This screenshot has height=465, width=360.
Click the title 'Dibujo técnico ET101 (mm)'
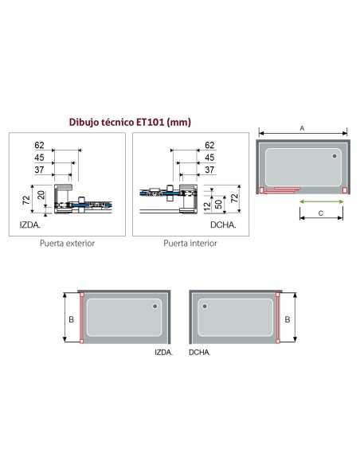click(130, 122)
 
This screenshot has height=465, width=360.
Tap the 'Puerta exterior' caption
click(68, 244)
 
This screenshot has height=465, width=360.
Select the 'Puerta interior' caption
click(190, 244)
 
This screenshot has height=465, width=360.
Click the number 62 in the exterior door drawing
click(39, 145)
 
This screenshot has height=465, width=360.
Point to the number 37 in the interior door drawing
click(209, 170)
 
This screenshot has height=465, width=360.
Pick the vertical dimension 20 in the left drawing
click(41, 195)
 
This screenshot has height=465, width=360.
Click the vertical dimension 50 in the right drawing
click(218, 205)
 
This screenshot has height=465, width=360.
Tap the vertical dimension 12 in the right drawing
click(208, 206)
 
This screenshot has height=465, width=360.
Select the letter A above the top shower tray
click(302, 128)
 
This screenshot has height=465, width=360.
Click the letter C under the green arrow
click(320, 213)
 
